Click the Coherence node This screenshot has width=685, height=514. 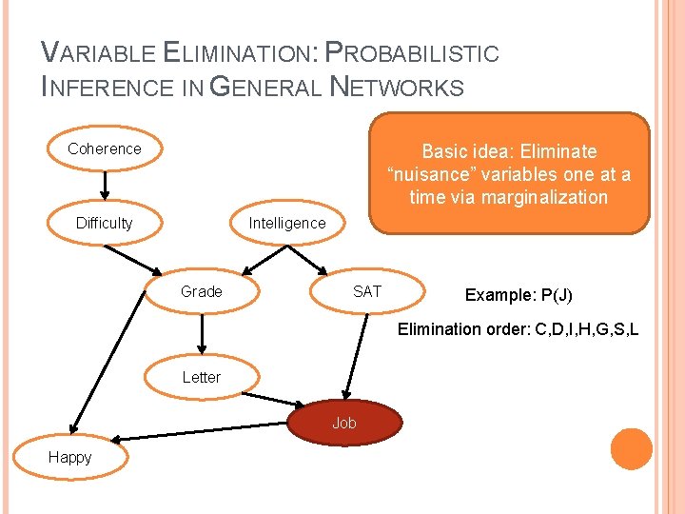105,148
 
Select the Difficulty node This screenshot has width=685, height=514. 105,223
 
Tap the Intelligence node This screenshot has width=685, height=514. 286,223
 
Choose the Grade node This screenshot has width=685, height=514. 202,291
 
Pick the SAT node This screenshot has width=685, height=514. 366,291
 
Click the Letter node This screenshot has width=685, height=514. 202,377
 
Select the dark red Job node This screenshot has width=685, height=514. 344,423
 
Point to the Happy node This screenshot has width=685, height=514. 70,457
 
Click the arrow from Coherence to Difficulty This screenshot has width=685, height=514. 105,185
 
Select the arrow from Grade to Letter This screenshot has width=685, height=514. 202,334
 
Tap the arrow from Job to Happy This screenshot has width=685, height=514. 200,433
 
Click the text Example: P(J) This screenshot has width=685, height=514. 519,295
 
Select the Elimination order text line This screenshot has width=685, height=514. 518,329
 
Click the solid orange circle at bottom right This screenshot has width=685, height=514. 631,449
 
